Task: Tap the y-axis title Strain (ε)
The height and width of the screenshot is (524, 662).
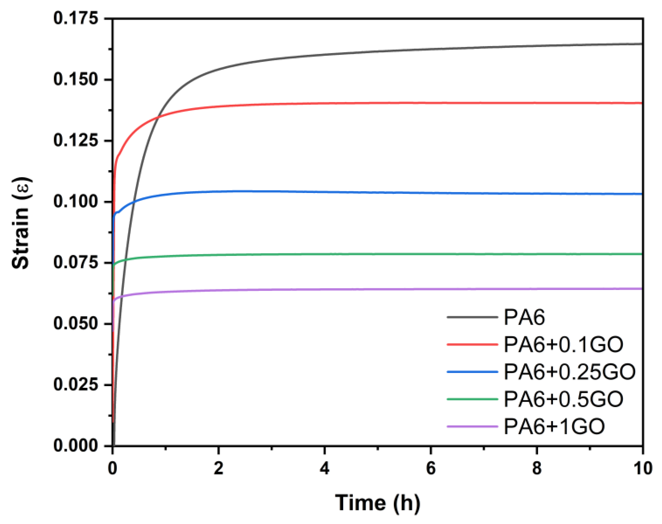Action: click(x=21, y=223)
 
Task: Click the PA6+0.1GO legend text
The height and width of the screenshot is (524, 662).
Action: click(x=563, y=344)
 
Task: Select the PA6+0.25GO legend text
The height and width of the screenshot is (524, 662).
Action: click(x=569, y=372)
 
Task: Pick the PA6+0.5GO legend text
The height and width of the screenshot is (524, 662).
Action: click(x=563, y=399)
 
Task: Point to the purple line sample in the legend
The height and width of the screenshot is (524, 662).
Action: click(x=472, y=427)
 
